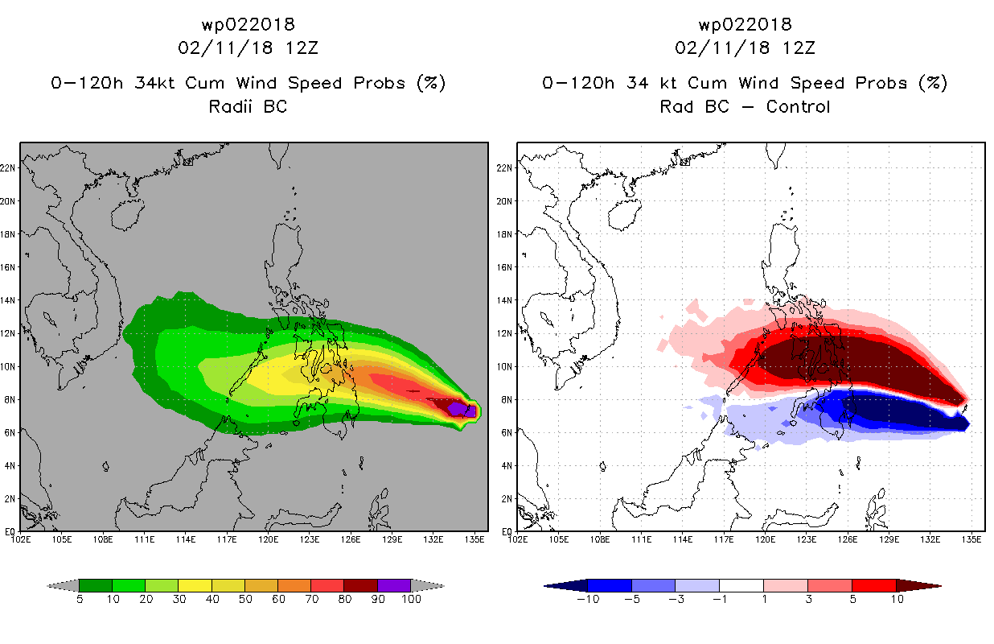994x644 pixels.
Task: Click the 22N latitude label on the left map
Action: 8,168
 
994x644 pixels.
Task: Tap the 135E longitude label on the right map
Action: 971,539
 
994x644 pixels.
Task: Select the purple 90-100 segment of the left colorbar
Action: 394,585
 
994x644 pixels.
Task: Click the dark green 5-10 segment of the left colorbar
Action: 96,585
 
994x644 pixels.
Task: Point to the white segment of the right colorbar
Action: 741,585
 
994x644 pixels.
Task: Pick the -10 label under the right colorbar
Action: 588,599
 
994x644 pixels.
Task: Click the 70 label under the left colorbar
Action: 311,599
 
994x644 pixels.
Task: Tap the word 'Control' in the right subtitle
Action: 798,107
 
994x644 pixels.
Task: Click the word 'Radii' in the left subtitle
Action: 230,107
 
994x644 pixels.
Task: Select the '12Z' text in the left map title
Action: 302,48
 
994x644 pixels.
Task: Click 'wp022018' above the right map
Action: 745,25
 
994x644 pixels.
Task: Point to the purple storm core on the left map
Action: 462,409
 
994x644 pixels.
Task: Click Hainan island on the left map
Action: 128,214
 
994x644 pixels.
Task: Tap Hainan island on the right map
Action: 625,214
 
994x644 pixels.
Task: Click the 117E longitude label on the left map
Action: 227,539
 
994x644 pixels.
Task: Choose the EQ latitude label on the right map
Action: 507,531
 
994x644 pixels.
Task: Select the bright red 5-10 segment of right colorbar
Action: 874,585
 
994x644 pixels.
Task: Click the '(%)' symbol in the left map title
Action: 431,84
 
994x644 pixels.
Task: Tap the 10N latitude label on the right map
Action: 504,367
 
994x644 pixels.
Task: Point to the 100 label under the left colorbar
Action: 411,599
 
